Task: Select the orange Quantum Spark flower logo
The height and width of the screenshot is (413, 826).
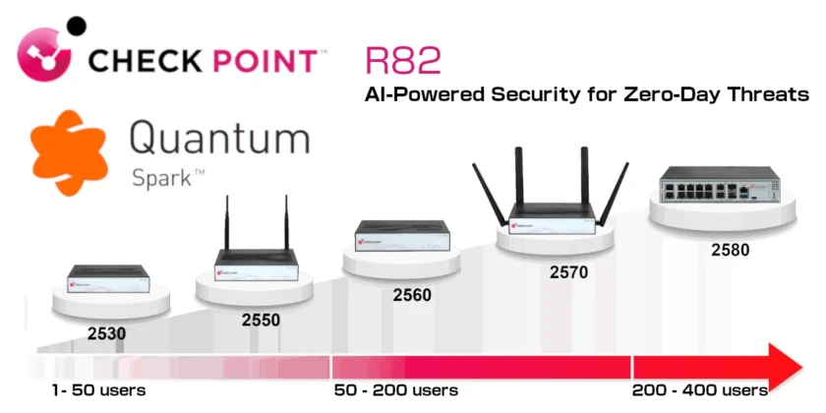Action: [x=67, y=152]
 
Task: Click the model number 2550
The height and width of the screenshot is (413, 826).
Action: [x=261, y=320]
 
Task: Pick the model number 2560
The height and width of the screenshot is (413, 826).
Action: [x=412, y=293]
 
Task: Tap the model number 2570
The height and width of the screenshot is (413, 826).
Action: [x=567, y=271]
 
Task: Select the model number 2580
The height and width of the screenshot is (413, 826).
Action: [x=730, y=250]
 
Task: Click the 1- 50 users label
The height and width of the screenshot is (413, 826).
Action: [x=99, y=390]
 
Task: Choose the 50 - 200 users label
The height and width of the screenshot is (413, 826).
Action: [x=396, y=390]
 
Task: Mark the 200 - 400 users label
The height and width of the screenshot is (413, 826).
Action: [x=700, y=390]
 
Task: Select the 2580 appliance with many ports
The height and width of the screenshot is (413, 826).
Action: [x=721, y=187]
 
